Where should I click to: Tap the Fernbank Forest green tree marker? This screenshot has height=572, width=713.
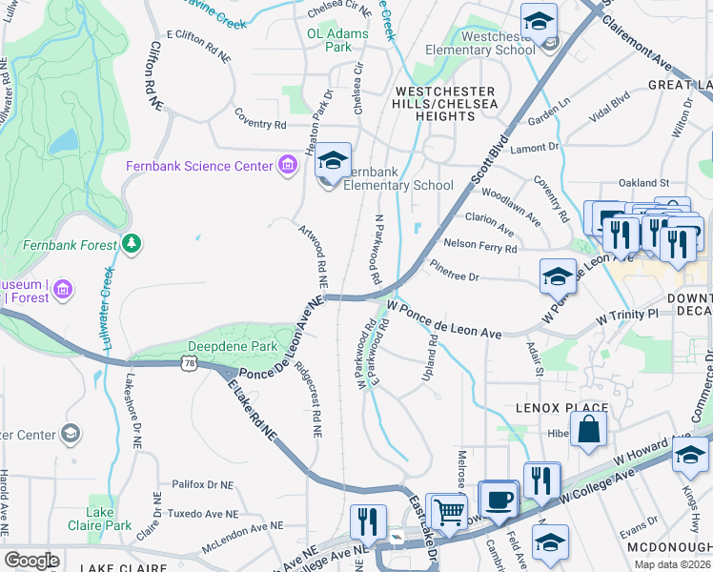(132, 246)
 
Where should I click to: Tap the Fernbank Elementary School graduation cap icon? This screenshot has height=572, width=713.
(333, 161)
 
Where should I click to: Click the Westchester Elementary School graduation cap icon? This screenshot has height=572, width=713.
(539, 21)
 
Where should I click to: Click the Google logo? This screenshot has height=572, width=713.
(31, 560)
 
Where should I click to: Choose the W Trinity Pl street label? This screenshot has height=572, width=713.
(626, 314)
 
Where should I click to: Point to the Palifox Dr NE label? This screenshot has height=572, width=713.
(201, 484)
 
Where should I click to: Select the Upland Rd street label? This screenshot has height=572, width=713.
(431, 359)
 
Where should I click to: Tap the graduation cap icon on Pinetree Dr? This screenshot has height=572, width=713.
(558, 277)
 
